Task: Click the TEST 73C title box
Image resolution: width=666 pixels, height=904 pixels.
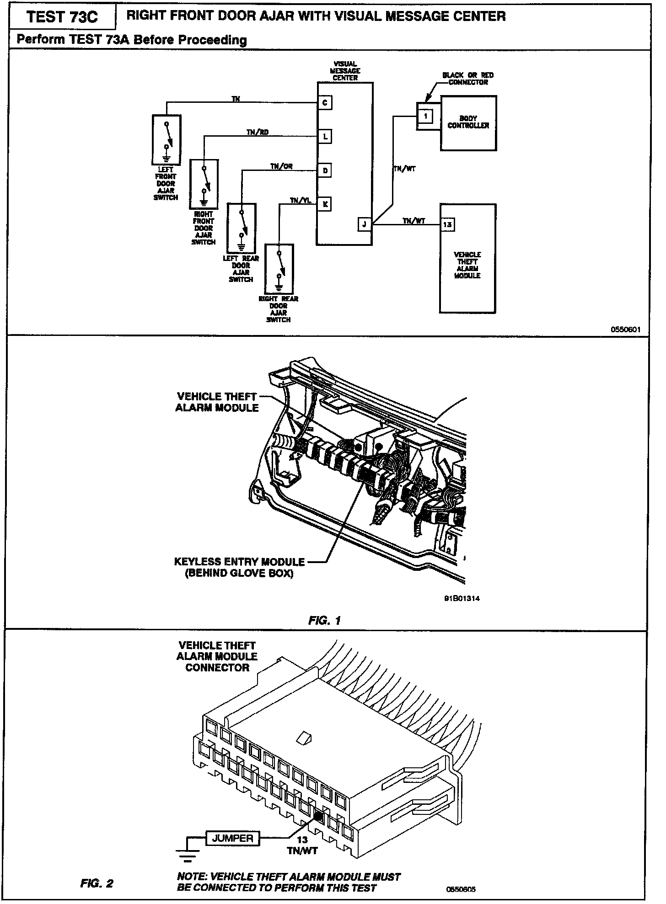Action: click(x=62, y=17)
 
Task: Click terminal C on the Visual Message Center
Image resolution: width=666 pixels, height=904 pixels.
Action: click(x=325, y=103)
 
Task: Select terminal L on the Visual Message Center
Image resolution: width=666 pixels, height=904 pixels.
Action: click(x=325, y=136)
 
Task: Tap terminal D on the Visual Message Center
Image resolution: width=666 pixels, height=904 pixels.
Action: click(x=325, y=170)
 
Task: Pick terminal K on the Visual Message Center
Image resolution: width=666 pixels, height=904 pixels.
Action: click(x=325, y=204)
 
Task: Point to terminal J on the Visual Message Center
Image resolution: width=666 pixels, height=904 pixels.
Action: click(x=365, y=224)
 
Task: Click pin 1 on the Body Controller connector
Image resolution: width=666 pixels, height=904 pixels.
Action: click(x=425, y=116)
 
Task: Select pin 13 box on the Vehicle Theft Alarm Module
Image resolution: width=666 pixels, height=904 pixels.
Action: click(x=447, y=224)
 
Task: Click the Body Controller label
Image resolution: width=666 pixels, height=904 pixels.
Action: click(x=468, y=122)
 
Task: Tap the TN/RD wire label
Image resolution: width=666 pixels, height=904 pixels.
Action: click(x=258, y=133)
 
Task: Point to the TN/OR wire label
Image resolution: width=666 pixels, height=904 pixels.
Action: click(x=281, y=167)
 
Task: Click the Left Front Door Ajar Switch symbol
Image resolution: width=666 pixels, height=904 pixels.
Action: click(x=166, y=139)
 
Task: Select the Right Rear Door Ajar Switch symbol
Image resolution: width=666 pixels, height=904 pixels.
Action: click(x=279, y=269)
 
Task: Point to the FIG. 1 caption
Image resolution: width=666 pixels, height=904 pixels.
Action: click(x=324, y=620)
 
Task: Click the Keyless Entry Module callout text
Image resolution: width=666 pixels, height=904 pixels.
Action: click(x=239, y=567)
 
